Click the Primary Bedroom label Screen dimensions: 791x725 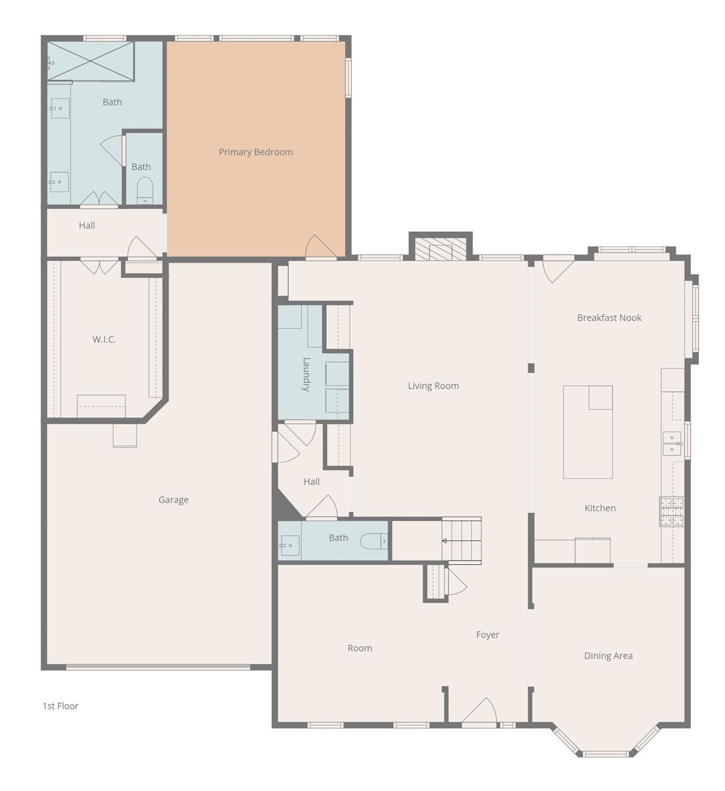[256, 152]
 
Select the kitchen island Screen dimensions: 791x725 [587, 432]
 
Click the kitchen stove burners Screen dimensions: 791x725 [672, 511]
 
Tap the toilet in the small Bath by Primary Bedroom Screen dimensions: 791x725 [145, 191]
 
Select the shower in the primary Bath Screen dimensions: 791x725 [91, 61]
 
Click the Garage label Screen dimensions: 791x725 [173, 500]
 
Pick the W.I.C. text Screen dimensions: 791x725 [104, 339]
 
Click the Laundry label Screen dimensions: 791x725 [306, 374]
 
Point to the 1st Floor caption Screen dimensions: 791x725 [60, 706]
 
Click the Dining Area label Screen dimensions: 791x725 [608, 656]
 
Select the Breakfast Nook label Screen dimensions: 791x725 [609, 318]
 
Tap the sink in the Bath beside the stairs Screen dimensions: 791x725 [289, 545]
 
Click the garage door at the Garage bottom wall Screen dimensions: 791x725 [158, 667]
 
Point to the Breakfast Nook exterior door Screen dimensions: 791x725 [558, 269]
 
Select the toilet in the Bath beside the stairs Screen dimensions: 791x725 [372, 541]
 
